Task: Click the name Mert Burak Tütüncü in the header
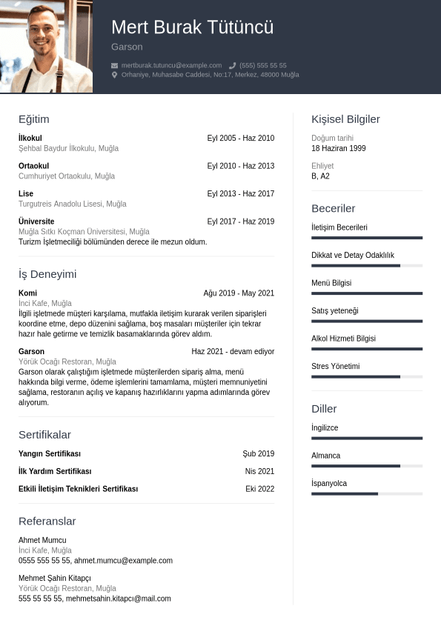pos(192,27)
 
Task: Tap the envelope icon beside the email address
pos(115,65)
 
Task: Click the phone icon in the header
pos(233,65)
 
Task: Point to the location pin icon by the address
pos(115,75)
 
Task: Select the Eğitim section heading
pos(34,119)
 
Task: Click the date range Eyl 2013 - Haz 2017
pos(240,193)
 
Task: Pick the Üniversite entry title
pos(36,221)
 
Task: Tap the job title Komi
pos(27,293)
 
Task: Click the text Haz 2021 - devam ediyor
pos(233,351)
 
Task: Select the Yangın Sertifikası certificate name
pos(50,453)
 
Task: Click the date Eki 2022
pos(259,489)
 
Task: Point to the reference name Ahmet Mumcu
pos(42,540)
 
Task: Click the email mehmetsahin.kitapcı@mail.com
pos(118,599)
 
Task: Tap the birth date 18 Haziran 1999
pos(339,148)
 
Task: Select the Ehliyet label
pos(322,166)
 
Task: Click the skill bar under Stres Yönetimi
pos(367,376)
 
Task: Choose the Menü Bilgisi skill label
pos(331,283)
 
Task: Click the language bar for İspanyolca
pos(367,493)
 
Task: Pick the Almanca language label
pos(326,456)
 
